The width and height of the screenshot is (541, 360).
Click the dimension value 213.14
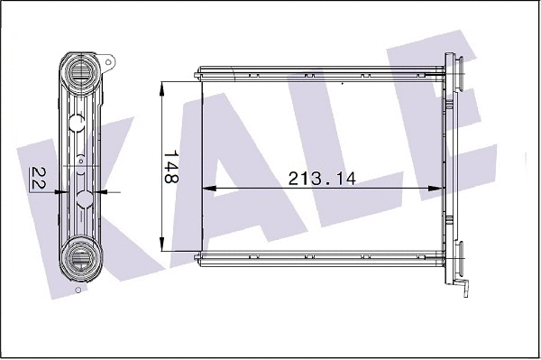click(321, 178)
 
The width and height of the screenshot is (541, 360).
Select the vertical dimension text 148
click(170, 167)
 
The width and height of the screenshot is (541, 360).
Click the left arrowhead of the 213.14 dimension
click(205, 189)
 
